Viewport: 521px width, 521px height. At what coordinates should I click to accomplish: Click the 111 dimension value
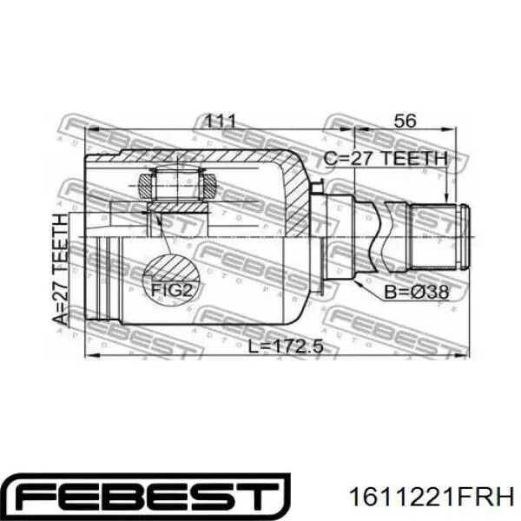click(x=220, y=121)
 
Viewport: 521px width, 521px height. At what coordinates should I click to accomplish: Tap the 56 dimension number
click(x=405, y=121)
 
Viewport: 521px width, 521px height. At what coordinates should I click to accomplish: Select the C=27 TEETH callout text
click(x=386, y=159)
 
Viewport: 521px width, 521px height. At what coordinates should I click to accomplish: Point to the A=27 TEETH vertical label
click(x=60, y=269)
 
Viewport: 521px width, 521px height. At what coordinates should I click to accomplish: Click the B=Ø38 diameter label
click(x=416, y=293)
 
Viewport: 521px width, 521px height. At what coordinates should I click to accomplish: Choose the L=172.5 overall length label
click(x=286, y=346)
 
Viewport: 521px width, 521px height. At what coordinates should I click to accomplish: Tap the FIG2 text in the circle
click(x=171, y=290)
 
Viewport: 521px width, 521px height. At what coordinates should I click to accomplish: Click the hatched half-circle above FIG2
click(x=171, y=267)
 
